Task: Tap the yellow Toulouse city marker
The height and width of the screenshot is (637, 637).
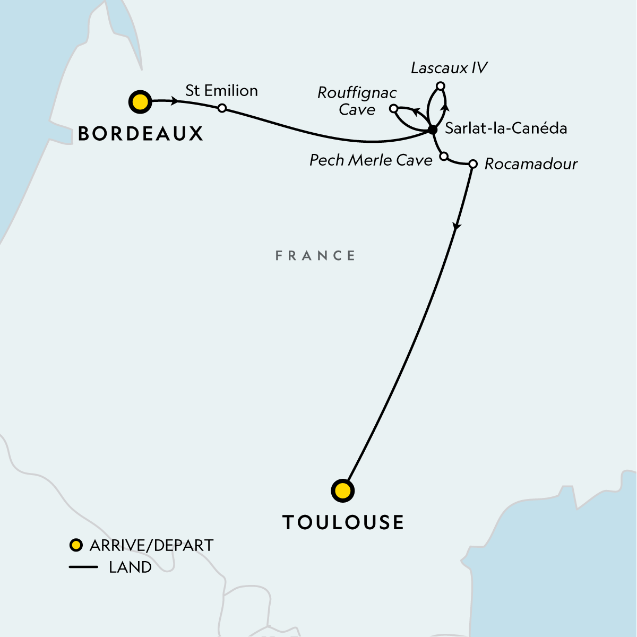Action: click(342, 491)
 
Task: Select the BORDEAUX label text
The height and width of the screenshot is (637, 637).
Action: click(141, 134)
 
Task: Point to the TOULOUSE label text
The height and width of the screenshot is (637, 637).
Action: click(343, 522)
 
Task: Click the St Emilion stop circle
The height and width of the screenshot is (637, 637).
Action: click(222, 108)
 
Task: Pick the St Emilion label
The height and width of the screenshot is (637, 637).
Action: click(221, 91)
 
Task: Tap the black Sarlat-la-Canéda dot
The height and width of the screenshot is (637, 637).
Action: click(432, 130)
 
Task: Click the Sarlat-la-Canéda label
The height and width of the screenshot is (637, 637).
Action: click(506, 128)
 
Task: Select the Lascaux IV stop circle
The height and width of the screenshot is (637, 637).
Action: click(440, 86)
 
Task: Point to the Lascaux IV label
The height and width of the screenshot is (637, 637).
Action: click(449, 68)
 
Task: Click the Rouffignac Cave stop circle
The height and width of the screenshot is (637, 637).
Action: click(393, 108)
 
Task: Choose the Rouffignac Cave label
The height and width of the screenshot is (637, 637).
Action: click(357, 101)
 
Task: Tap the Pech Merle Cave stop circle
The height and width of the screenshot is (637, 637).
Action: click(444, 156)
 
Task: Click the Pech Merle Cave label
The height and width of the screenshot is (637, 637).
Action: click(371, 160)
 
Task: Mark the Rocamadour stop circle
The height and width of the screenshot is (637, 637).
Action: click(473, 163)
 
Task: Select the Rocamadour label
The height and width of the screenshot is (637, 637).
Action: click(531, 164)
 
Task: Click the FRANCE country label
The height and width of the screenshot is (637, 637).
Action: click(315, 256)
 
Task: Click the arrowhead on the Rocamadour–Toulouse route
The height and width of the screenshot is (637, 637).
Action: click(456, 227)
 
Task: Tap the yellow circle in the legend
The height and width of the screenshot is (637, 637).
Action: click(76, 545)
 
